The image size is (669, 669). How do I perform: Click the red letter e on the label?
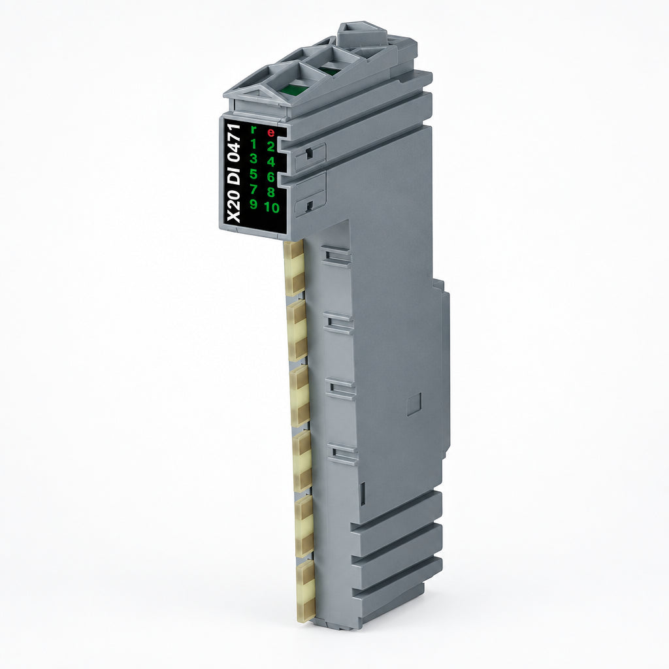click(x=270, y=132)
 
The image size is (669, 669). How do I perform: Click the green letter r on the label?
click(x=254, y=129)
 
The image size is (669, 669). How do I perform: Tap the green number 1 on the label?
click(x=253, y=143)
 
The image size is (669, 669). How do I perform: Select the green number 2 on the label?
click(x=270, y=147)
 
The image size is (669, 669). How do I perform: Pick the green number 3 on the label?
click(x=253, y=158)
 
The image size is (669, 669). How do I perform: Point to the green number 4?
click(x=270, y=162)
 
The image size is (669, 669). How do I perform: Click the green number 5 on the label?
click(x=253, y=174)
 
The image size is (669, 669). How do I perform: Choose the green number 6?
click(x=270, y=177)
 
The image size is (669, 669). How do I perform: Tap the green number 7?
click(x=253, y=189)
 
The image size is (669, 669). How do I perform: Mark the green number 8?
click(x=270, y=193)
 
